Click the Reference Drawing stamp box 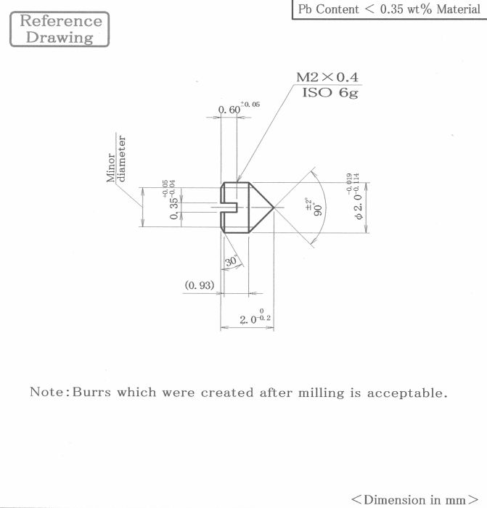click(x=60, y=29)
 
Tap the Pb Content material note click(x=389, y=9)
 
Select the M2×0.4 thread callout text click(x=327, y=77)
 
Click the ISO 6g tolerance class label click(x=330, y=93)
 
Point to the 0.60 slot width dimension click(x=229, y=110)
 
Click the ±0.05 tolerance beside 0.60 click(x=250, y=105)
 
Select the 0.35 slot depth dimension click(x=174, y=208)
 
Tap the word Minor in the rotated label click(x=111, y=168)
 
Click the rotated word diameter click(x=121, y=159)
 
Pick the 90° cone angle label click(x=318, y=210)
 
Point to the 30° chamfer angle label click(x=232, y=261)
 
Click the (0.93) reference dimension click(x=200, y=285)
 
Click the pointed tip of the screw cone click(x=274, y=208)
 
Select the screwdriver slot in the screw click(x=229, y=208)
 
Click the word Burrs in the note click(x=91, y=392)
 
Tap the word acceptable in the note click(x=407, y=393)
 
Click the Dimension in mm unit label click(x=415, y=500)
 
